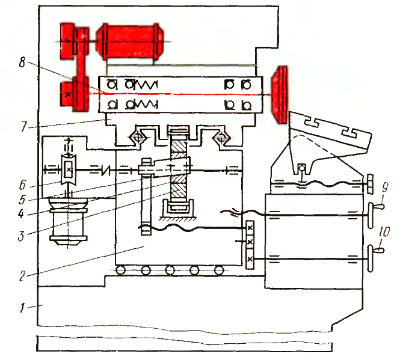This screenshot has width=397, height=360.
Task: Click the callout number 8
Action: point(22,62)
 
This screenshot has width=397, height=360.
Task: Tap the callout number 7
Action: point(24,126)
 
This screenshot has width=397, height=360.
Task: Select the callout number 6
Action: point(22,185)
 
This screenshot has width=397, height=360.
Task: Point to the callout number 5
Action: point(22,200)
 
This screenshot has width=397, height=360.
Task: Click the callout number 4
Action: point(21,214)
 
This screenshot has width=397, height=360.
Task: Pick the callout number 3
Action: point(21,236)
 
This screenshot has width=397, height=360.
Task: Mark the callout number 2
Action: point(22,276)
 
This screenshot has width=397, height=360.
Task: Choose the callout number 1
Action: point(23,308)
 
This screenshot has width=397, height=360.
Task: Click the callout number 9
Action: point(385,188)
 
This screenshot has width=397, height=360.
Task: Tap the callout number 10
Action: point(384,232)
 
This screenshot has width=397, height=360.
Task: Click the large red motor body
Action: point(130,41)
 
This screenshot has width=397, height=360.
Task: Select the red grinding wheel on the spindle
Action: point(280,94)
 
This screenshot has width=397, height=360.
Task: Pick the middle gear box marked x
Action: point(250,242)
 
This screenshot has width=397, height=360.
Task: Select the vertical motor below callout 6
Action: point(69,221)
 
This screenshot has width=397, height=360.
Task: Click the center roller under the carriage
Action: point(170,270)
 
